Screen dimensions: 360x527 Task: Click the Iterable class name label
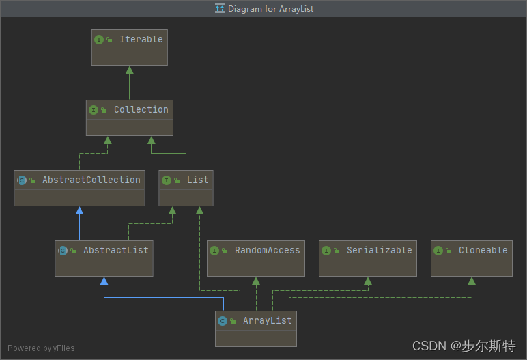(x=141, y=40)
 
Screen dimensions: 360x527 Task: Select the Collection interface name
(x=141, y=110)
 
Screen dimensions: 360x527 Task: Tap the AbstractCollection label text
(x=91, y=180)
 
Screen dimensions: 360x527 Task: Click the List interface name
(x=197, y=180)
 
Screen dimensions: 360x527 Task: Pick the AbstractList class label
(x=115, y=251)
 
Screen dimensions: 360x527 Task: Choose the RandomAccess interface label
(x=267, y=251)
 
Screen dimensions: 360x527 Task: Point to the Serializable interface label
(x=379, y=251)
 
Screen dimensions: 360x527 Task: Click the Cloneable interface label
(x=483, y=251)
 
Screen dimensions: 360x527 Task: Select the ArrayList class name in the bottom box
(x=267, y=321)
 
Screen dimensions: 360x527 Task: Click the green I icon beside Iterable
(x=99, y=40)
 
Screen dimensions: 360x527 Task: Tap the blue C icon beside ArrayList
(x=222, y=321)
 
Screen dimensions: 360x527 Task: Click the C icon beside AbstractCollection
(x=21, y=180)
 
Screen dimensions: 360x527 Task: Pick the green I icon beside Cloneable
(x=438, y=251)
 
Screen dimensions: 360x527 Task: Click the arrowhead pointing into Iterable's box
(x=129, y=70)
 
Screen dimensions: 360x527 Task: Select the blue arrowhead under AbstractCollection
(x=79, y=210)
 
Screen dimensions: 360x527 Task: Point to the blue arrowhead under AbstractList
(x=104, y=281)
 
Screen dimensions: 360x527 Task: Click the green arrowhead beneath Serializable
(x=368, y=281)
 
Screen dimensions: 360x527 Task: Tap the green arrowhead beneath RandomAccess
(x=256, y=281)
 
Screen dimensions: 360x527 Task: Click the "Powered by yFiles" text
(x=41, y=348)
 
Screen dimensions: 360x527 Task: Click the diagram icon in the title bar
(x=219, y=9)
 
